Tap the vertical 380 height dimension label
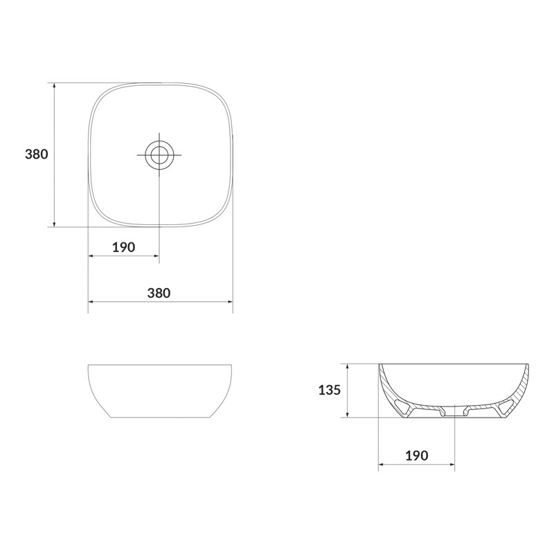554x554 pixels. pos(37,154)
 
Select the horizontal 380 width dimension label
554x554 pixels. pos(159,293)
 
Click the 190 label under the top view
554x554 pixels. pos(124,247)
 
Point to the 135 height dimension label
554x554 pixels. pos(330,390)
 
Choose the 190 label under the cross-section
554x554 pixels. pos(417,456)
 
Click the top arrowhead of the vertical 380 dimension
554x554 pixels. pos(54,85)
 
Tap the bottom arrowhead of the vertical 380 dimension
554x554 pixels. pos(54,224)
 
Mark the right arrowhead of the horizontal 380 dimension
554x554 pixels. pos(230,302)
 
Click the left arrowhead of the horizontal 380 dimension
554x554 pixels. pos(91,302)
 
